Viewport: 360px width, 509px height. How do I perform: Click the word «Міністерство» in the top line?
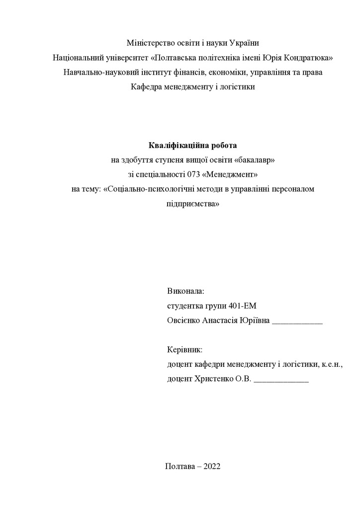click(x=149, y=43)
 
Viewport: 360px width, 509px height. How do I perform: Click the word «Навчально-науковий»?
click(x=98, y=72)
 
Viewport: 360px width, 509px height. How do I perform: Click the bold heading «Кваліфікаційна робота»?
click(x=193, y=146)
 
